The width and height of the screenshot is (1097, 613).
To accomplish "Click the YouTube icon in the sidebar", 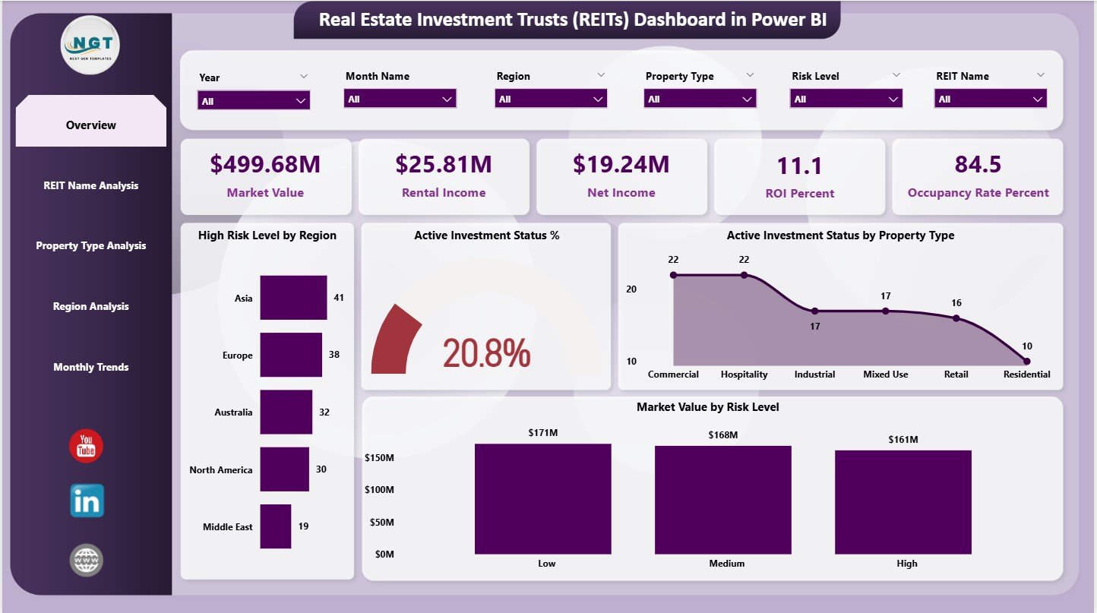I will point(86,446).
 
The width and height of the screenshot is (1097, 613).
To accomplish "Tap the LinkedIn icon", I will point(87,501).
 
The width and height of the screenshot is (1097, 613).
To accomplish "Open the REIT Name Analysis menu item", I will point(91,185).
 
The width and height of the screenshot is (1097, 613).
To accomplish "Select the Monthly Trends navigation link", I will point(91,367).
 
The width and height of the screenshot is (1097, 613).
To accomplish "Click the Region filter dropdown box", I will point(551,99).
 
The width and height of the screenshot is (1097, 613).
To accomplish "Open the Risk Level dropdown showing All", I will point(846,99).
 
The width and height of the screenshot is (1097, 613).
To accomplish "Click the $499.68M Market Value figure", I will point(265,164).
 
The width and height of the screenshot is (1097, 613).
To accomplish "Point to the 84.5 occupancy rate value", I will point(978,164).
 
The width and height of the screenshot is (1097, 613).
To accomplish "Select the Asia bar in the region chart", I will point(293,298).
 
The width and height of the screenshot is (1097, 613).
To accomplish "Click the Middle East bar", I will point(275,526).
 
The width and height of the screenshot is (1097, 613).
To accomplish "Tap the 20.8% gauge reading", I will point(486,353).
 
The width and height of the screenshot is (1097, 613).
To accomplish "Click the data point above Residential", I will point(1026,361).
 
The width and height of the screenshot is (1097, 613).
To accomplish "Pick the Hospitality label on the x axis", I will point(744,374).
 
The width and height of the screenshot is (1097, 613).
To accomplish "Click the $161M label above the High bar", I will point(903,439).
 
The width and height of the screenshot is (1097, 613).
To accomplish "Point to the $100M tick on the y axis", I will point(380,490).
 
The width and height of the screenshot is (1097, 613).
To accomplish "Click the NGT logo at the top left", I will point(90,45).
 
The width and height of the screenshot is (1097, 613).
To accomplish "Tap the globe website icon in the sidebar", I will point(86,561).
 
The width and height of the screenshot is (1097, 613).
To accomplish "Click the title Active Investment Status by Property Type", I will point(840,235).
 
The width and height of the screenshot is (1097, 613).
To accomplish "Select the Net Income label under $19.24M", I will point(621,193).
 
